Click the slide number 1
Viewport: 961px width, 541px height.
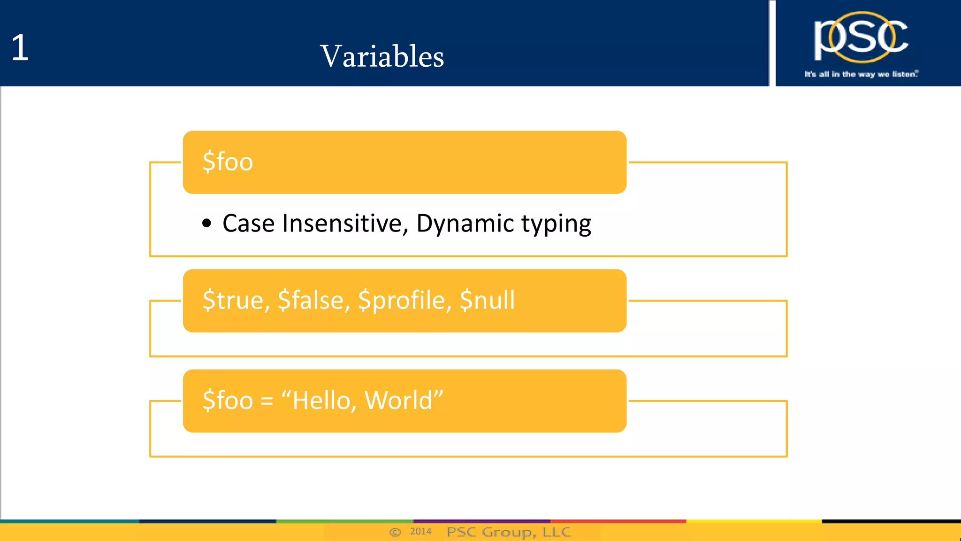[x=20, y=48]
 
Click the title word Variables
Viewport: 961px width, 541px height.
[x=382, y=56]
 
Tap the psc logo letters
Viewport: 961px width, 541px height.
[x=861, y=38]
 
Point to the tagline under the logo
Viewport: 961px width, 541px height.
[x=861, y=74]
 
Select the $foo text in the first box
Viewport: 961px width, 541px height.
[x=228, y=162]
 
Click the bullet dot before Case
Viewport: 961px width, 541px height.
[x=206, y=224]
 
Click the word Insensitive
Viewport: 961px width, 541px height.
[x=345, y=224]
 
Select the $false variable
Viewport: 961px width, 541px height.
[x=314, y=300]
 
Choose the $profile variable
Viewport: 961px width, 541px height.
[x=404, y=301]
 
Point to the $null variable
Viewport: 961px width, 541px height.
[x=487, y=300]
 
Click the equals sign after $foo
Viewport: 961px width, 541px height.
[x=267, y=401]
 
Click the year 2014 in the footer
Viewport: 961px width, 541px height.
[x=420, y=531]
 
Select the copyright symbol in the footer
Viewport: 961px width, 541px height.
[x=395, y=532]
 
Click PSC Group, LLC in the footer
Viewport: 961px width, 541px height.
[x=509, y=532]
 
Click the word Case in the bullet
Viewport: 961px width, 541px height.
[x=248, y=224]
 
